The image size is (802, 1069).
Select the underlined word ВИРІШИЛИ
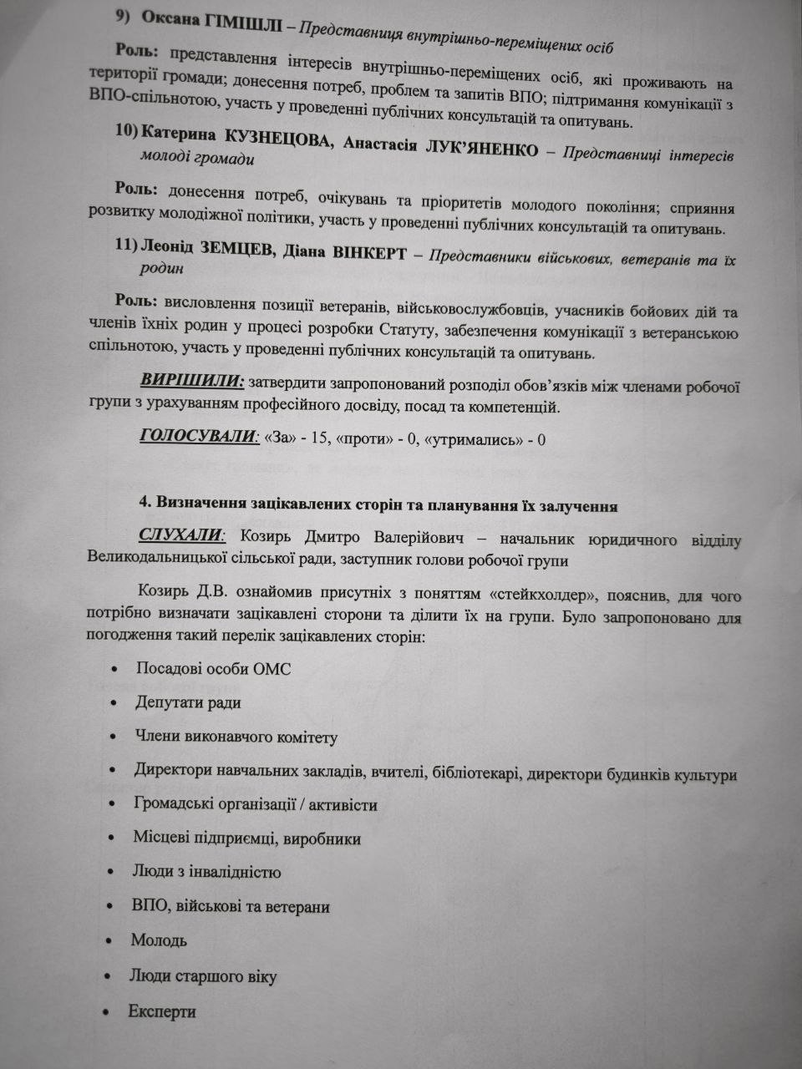[192, 381]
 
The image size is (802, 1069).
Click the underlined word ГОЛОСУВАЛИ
[196, 436]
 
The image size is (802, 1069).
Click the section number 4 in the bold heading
[145, 504]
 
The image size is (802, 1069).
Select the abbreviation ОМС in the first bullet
[272, 668]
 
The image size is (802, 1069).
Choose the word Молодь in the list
[159, 940]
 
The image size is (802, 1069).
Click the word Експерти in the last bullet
[162, 1012]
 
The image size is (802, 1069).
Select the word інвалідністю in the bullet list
[231, 873]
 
